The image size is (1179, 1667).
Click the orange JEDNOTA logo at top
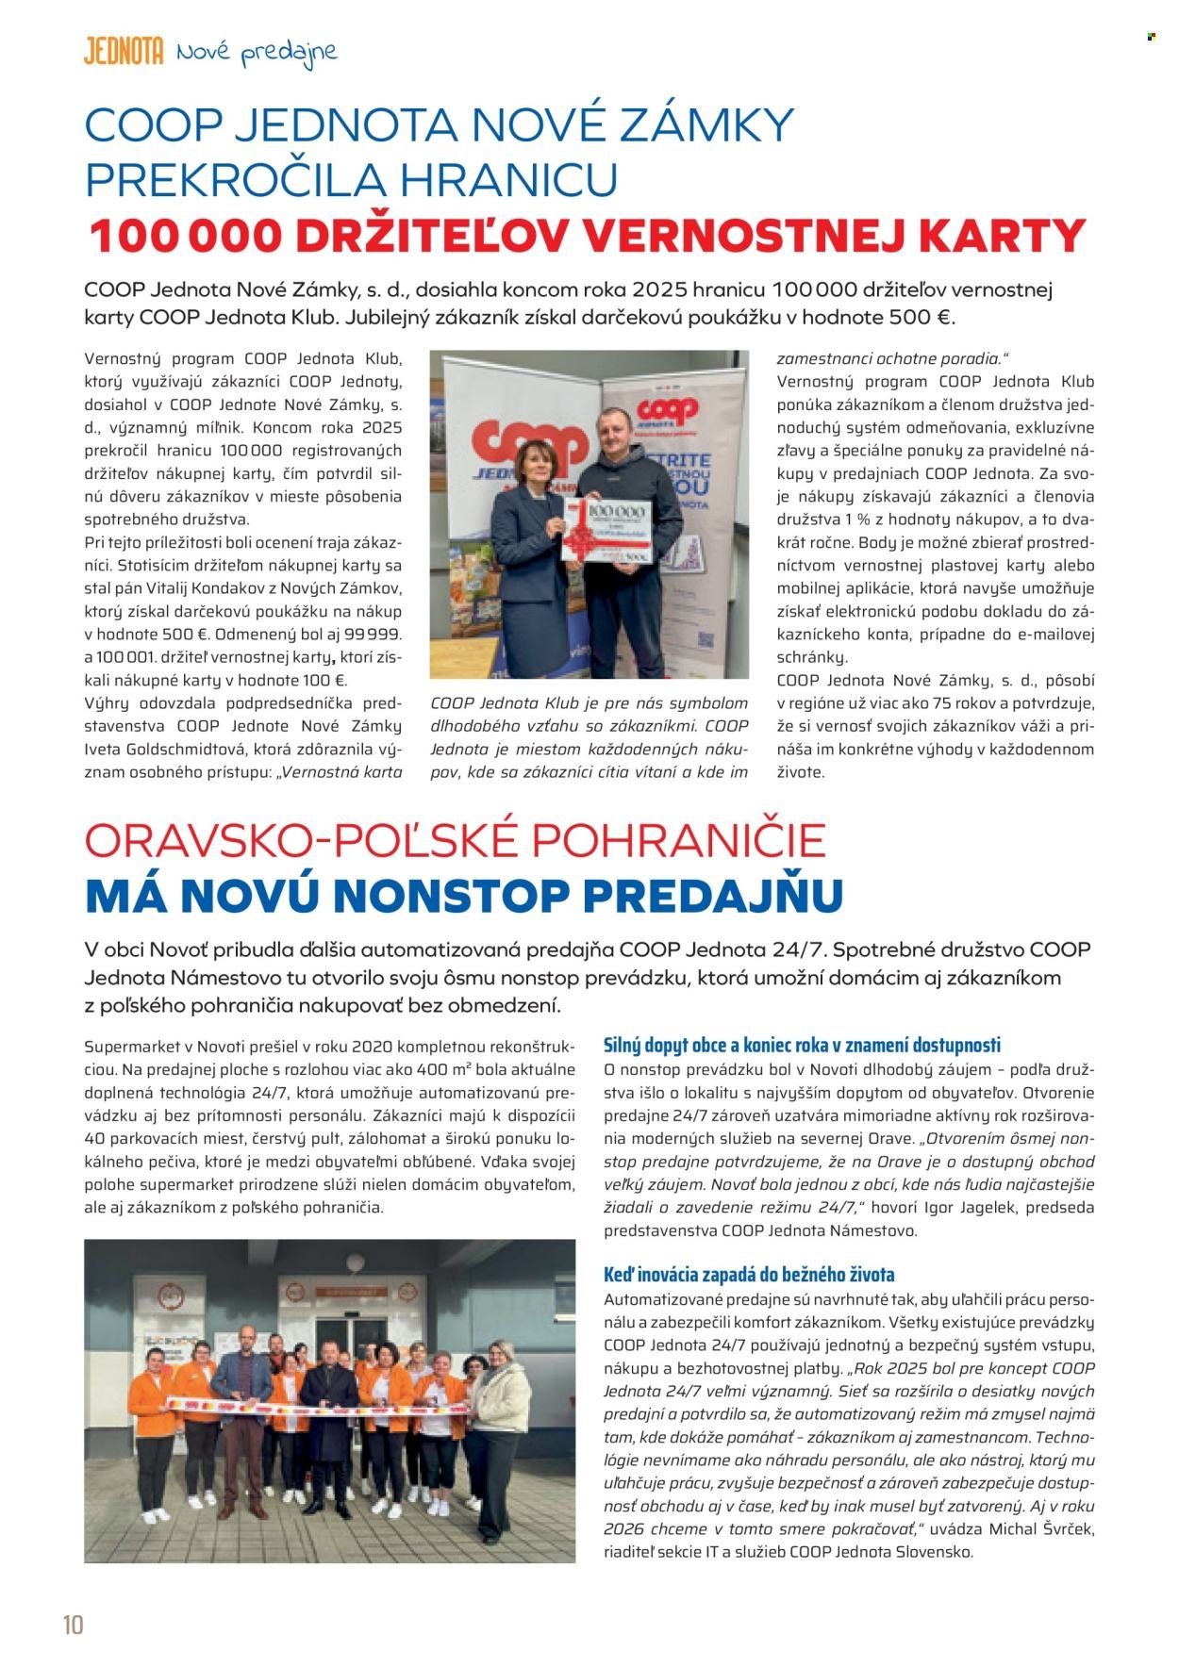click(124, 52)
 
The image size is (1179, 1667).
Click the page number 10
click(73, 1625)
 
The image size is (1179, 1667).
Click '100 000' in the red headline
click(185, 236)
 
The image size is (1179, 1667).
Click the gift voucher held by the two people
click(606, 532)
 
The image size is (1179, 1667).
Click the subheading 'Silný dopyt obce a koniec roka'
click(802, 1045)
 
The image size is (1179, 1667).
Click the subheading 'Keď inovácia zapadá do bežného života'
click(749, 1275)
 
